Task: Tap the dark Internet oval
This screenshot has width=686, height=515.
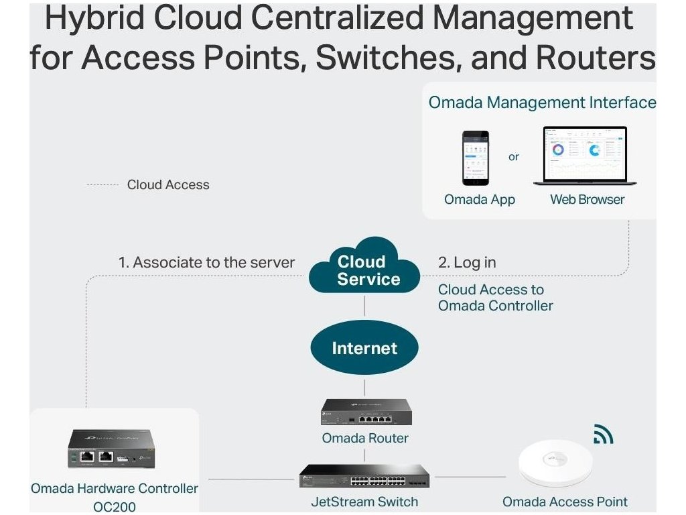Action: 364,348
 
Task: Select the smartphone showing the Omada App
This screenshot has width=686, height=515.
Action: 476,158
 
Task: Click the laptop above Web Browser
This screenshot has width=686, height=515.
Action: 584,156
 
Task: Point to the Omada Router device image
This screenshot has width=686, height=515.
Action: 365,412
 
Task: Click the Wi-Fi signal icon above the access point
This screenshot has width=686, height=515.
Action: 603,435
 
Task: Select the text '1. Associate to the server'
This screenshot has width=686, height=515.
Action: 206,262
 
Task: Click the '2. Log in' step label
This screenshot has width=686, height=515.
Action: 467,262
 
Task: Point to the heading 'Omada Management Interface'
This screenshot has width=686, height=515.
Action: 542,103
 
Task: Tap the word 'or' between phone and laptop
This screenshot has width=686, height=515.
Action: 514,157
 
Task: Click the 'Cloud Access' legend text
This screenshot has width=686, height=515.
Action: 168,184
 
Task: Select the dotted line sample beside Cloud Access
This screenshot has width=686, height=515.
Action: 102,185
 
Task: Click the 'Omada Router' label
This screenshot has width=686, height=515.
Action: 365,438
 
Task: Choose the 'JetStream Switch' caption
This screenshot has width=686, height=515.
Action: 364,501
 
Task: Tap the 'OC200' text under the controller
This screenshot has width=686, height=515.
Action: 115,506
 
